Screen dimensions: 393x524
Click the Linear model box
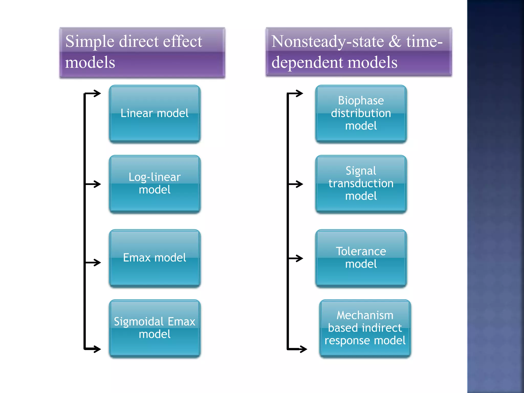coord(155,114)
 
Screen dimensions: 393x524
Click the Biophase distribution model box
coord(361,114)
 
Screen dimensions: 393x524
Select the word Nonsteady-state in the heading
coord(327,42)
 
